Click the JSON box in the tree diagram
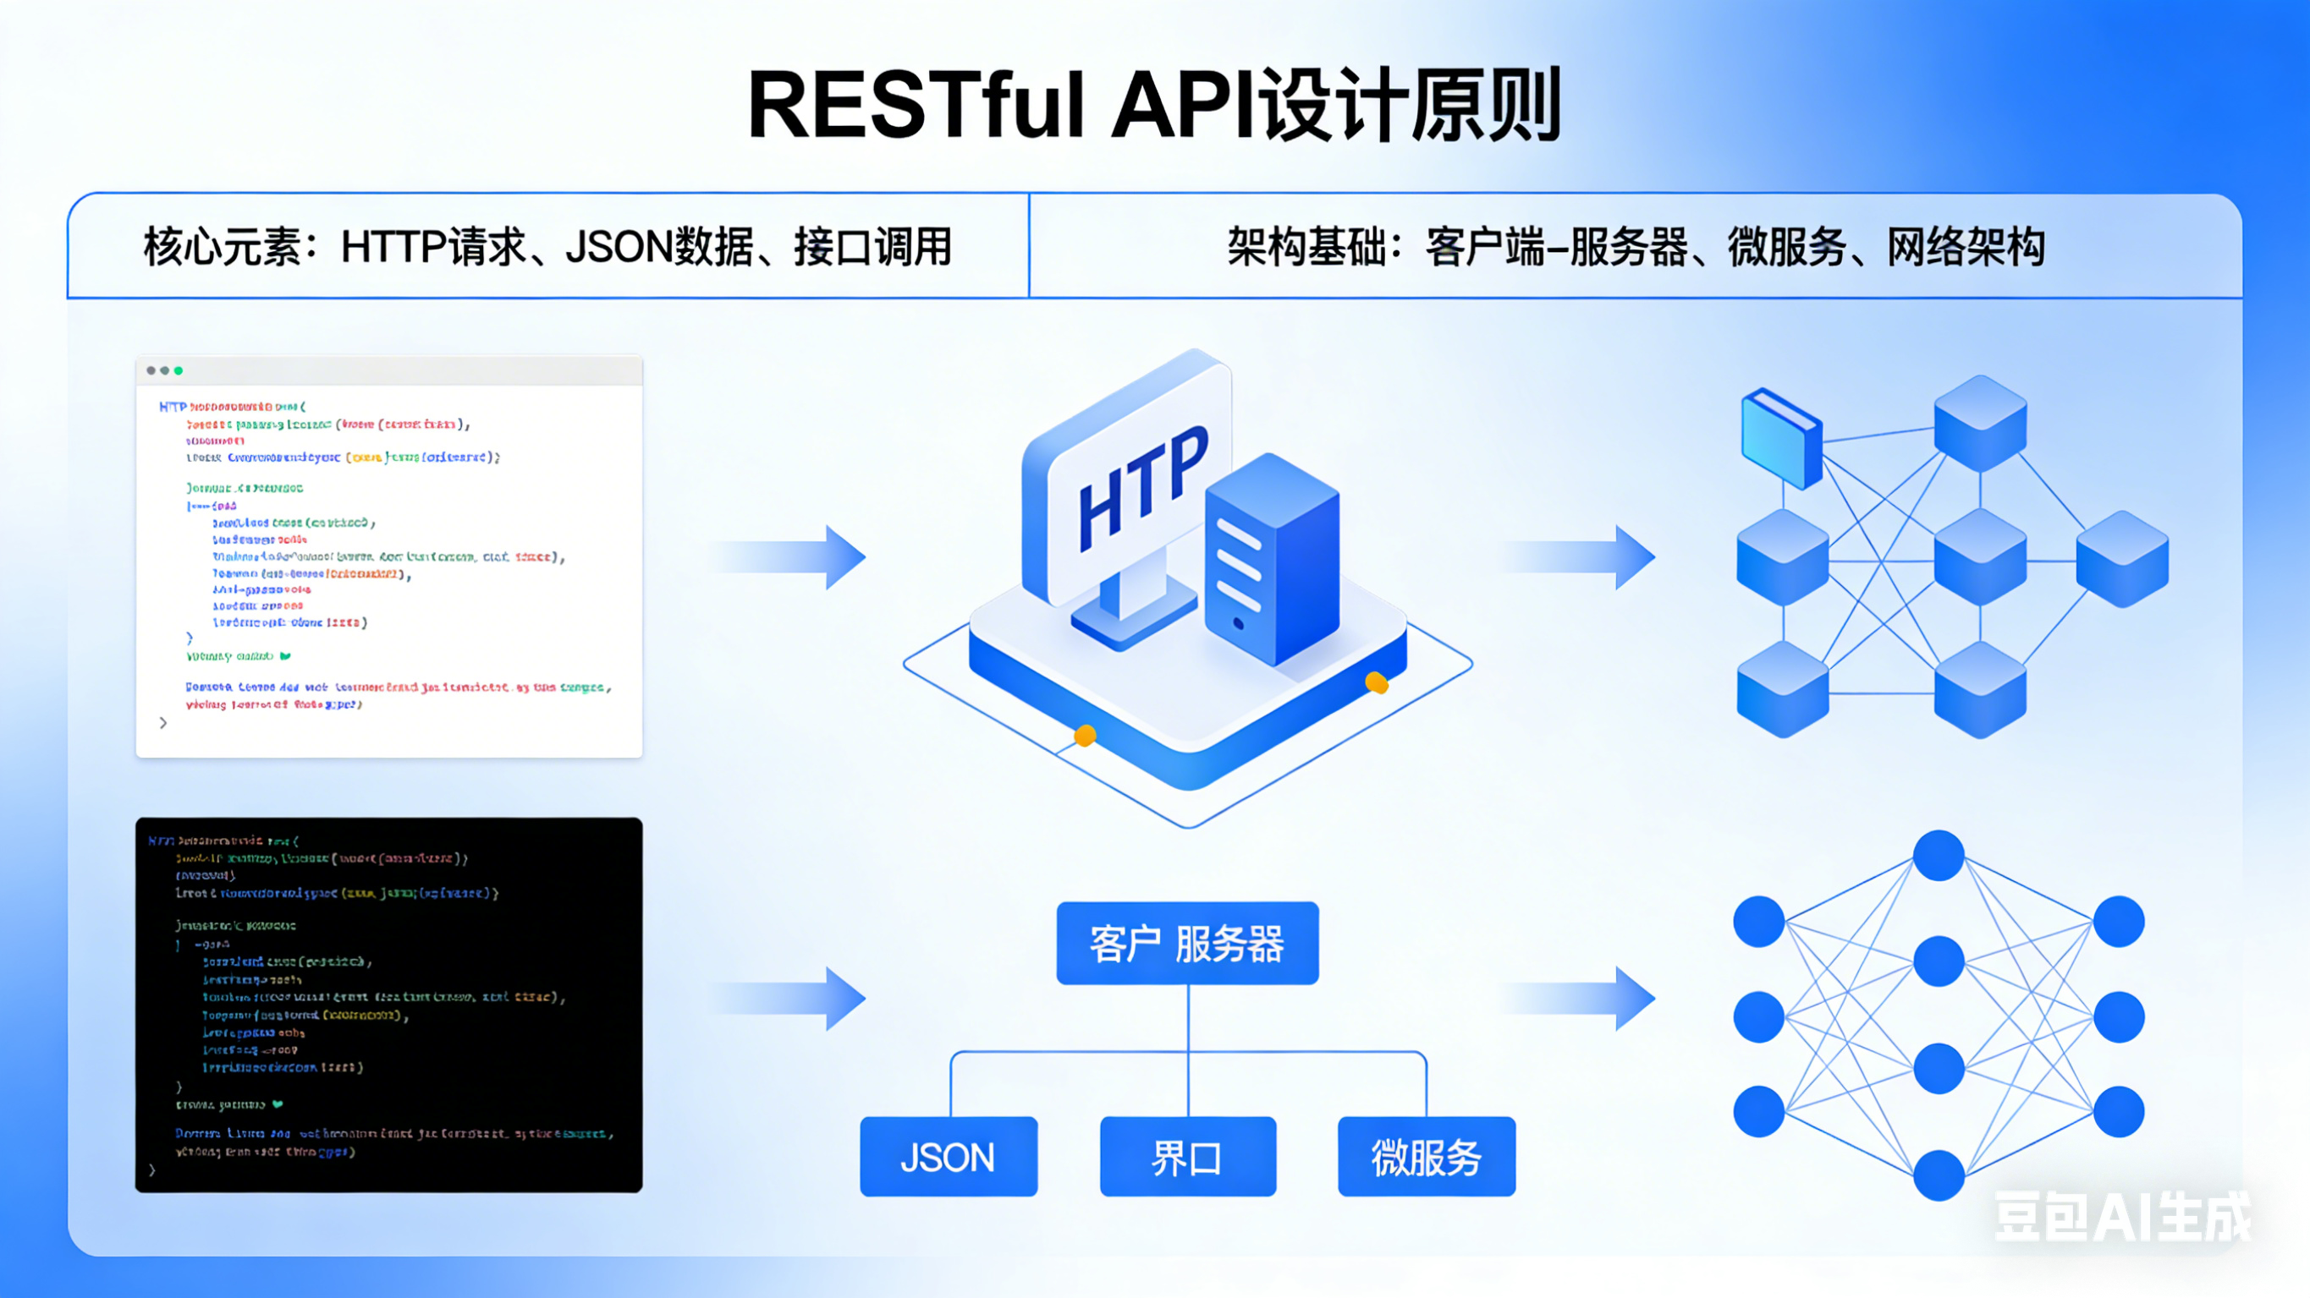(x=948, y=1157)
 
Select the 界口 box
(x=1187, y=1157)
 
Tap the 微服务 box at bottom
(x=1426, y=1157)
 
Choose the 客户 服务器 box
(x=1187, y=943)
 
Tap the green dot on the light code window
(x=179, y=370)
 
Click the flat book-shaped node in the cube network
(x=1780, y=437)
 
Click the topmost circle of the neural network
(x=1939, y=855)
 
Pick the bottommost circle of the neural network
(x=1939, y=1175)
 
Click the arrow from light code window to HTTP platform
(x=794, y=556)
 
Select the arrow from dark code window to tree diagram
(x=794, y=998)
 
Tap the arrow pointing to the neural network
(x=1583, y=998)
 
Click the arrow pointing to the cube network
(x=1583, y=556)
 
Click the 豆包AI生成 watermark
(x=2121, y=1218)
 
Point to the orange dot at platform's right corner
(x=1377, y=683)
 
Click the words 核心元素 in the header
(x=222, y=248)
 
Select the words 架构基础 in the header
(x=1306, y=248)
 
